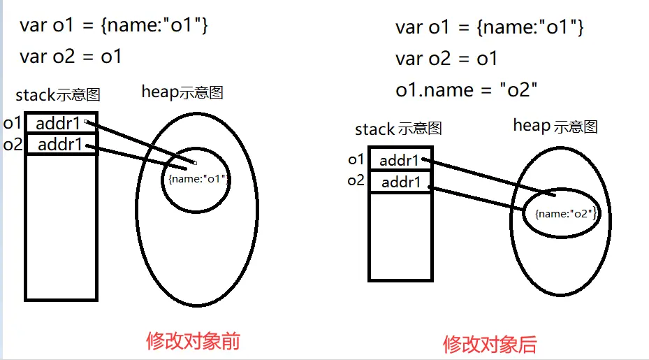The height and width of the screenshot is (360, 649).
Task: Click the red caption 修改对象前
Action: tap(193, 340)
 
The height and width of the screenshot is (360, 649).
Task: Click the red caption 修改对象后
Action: tap(490, 343)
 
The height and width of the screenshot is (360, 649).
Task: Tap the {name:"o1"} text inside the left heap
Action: tap(198, 179)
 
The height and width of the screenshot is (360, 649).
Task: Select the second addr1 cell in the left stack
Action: tap(60, 145)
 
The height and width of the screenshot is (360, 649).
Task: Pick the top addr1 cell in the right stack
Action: tap(400, 161)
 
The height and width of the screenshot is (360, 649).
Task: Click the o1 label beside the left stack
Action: tap(13, 124)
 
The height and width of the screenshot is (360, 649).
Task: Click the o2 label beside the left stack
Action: tap(13, 145)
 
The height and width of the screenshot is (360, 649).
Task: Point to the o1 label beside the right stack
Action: tap(356, 159)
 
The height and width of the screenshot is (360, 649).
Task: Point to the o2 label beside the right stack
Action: tap(356, 181)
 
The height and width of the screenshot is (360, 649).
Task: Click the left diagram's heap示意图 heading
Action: tap(182, 92)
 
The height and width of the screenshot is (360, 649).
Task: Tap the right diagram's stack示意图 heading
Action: tap(398, 129)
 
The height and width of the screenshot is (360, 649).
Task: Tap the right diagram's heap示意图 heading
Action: tap(555, 126)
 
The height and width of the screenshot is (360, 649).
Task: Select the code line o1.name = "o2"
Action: tap(466, 90)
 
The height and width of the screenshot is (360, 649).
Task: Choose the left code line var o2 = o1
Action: tap(71, 57)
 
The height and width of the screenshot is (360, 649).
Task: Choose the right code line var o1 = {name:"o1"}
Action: tap(489, 27)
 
